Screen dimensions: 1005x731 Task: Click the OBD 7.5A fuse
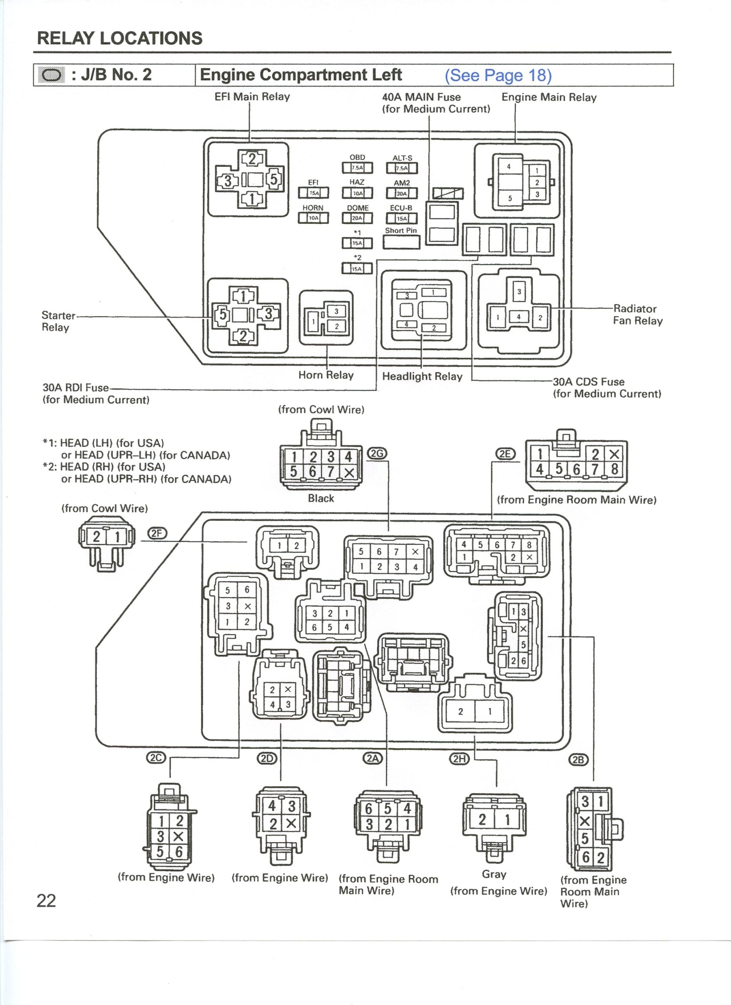(357, 168)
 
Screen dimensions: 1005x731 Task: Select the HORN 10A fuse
(313, 217)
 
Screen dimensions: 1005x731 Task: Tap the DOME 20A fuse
(357, 218)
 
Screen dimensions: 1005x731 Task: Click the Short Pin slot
(401, 242)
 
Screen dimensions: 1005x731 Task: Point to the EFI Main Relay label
(252, 97)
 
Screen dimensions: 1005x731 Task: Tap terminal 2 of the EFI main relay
(252, 159)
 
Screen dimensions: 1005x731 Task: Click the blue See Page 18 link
(498, 75)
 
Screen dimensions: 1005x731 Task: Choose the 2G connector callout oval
(377, 453)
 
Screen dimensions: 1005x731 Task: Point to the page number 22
(46, 901)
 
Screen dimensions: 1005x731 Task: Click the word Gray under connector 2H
(494, 874)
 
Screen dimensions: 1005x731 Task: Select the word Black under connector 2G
(321, 498)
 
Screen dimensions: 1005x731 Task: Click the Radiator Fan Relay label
(637, 314)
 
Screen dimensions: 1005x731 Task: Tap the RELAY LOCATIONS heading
(120, 38)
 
